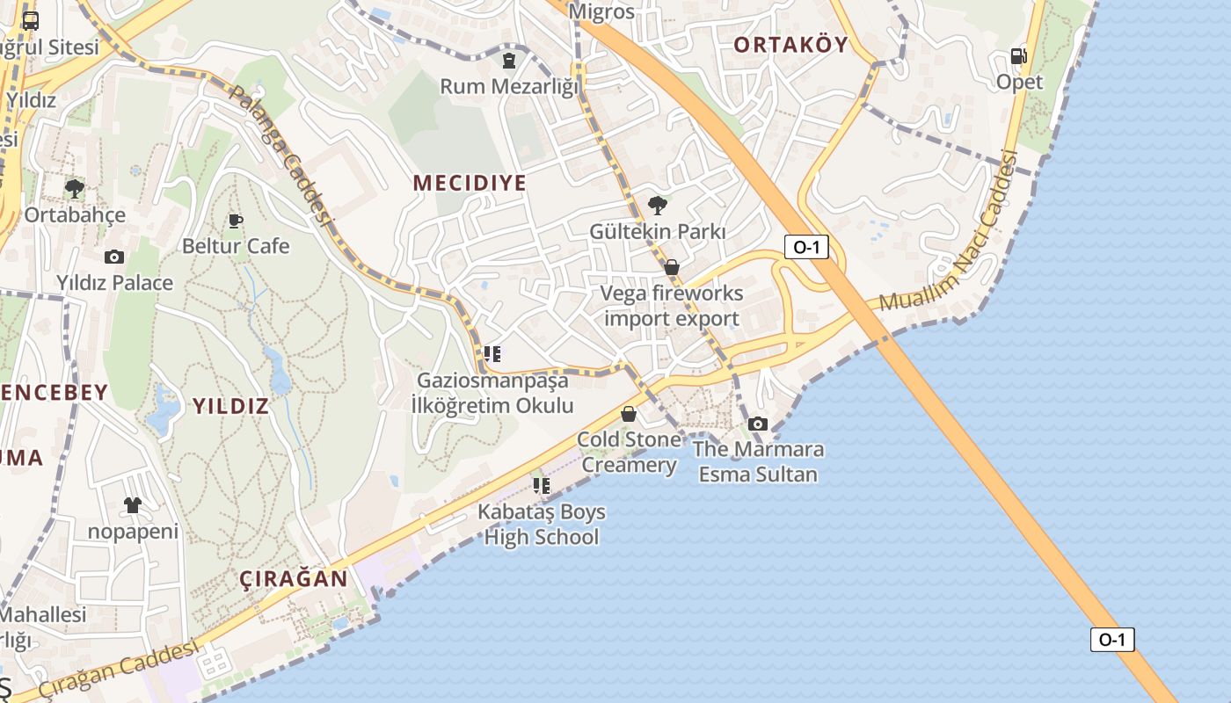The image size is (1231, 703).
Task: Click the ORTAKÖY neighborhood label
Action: [790, 45]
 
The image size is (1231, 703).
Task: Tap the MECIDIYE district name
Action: [470, 183]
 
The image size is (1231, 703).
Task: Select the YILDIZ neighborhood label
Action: [230, 406]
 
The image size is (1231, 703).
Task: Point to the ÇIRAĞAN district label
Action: [294, 579]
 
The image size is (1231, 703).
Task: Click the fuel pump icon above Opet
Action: [1019, 56]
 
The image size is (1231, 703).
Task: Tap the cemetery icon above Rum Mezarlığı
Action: [509, 61]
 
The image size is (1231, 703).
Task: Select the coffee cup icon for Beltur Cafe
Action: [235, 221]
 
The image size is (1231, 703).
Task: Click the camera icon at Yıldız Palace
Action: [114, 257]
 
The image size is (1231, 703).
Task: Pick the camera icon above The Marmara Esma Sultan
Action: [758, 424]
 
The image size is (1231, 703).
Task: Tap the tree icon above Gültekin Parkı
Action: [657, 207]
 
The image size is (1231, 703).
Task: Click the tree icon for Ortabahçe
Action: [75, 188]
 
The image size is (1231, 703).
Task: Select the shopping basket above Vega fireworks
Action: [672, 267]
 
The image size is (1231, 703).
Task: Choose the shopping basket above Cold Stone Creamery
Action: [629, 414]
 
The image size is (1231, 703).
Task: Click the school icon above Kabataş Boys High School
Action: [542, 485]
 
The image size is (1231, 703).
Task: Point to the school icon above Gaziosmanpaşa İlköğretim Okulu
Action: [492, 354]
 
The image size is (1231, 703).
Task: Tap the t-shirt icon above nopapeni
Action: [133, 505]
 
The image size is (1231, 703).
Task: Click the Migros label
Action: [601, 11]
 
